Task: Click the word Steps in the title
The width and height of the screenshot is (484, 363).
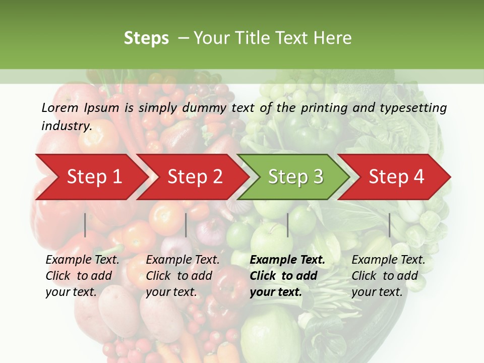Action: [146, 38]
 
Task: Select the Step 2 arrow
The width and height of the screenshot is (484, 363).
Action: [195, 177]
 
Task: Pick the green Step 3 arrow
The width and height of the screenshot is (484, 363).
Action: [295, 177]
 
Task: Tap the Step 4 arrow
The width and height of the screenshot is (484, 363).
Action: [396, 177]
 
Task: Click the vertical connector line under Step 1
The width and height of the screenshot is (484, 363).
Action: [85, 225]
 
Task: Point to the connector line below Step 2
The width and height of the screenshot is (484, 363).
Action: [186, 225]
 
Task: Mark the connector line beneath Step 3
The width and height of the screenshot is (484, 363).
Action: [287, 225]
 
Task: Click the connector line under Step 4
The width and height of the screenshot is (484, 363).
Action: [389, 225]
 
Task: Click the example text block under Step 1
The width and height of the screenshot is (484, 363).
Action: [82, 276]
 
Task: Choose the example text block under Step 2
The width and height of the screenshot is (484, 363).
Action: [183, 276]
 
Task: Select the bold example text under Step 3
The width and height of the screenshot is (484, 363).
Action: [287, 276]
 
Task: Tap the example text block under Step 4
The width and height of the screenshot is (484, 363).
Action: [388, 276]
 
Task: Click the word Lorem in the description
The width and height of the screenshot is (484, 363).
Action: [60, 107]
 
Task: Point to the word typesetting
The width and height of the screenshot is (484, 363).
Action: [411, 107]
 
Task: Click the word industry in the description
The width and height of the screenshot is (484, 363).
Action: [66, 126]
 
